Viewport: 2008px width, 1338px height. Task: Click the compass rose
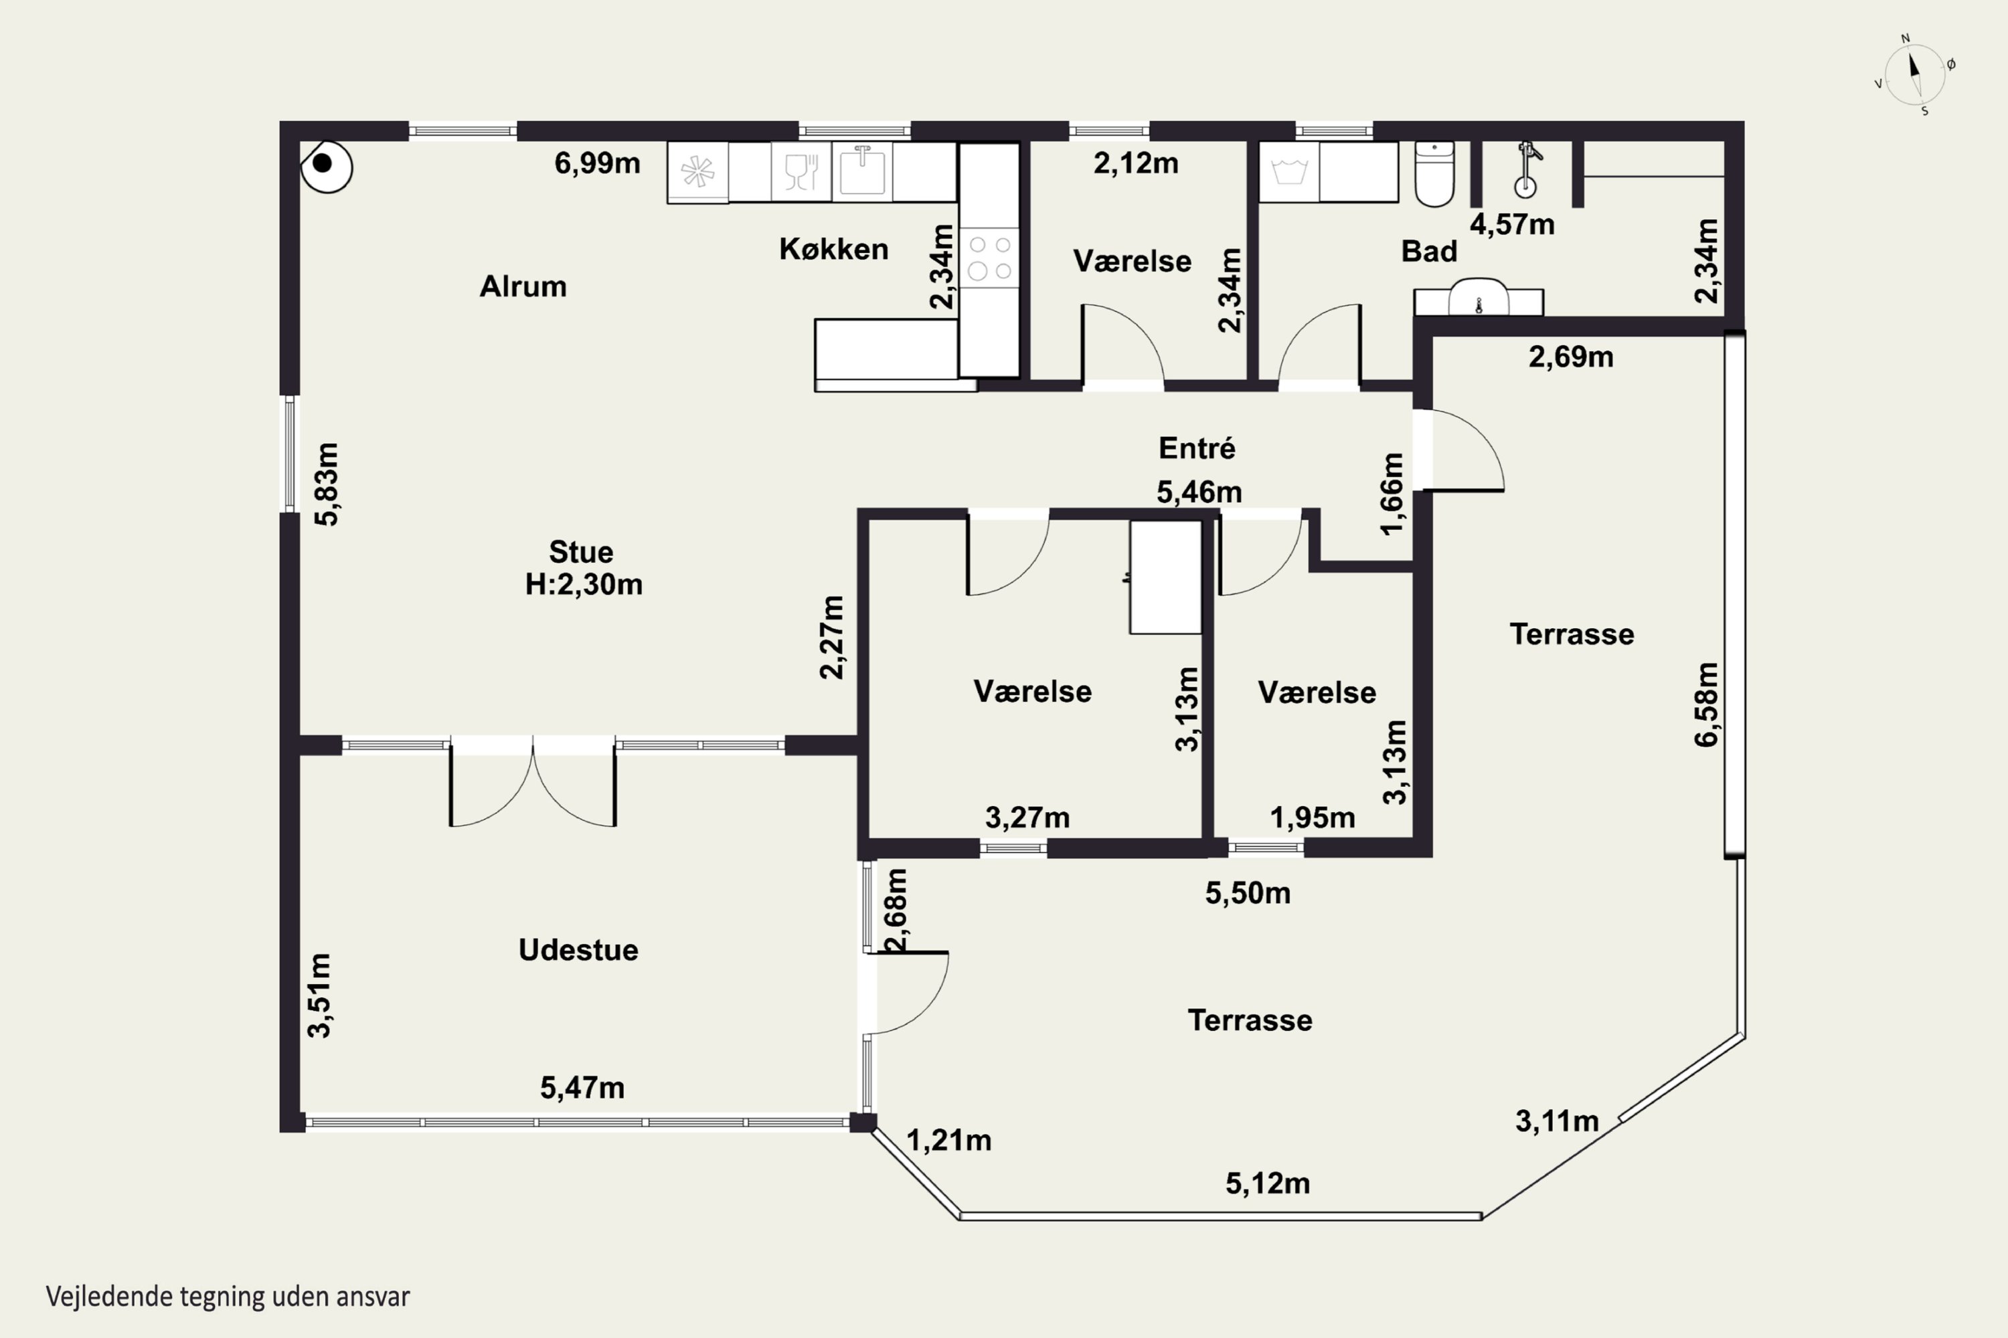click(x=1915, y=75)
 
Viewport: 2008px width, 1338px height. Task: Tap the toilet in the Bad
click(x=1434, y=174)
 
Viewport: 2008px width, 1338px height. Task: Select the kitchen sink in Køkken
click(x=861, y=171)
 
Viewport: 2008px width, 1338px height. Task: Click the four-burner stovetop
click(x=989, y=257)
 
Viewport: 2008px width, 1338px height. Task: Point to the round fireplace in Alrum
click(x=326, y=165)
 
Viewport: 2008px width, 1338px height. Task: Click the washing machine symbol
click(x=1289, y=171)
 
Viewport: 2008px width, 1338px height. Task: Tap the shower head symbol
click(x=1525, y=170)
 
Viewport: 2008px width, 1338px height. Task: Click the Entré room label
click(x=1196, y=448)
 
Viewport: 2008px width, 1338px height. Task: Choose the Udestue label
click(x=578, y=950)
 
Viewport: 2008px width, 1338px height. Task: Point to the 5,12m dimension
click(x=1268, y=1183)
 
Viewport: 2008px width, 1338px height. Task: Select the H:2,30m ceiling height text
click(x=583, y=585)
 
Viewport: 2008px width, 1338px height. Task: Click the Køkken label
click(x=833, y=249)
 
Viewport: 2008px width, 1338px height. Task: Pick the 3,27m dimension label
click(x=1027, y=818)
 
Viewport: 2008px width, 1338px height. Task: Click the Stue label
click(x=580, y=552)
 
